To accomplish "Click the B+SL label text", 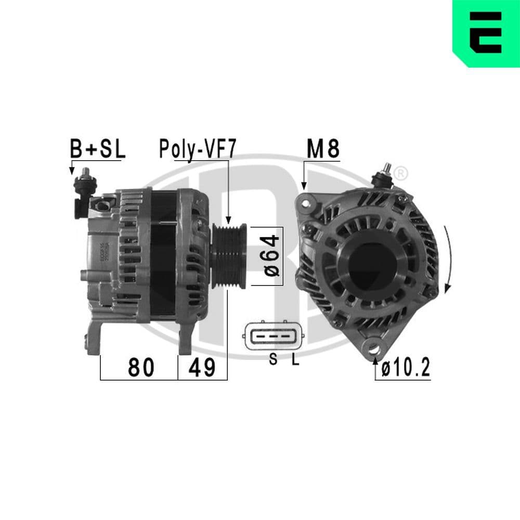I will tap(98, 150).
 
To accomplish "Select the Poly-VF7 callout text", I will tap(198, 150).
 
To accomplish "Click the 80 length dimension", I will tap(141, 368).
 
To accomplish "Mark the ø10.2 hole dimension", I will tap(405, 369).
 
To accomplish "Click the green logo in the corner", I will tap(486, 33).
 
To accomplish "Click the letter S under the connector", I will tap(272, 360).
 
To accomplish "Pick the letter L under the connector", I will tap(295, 360).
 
